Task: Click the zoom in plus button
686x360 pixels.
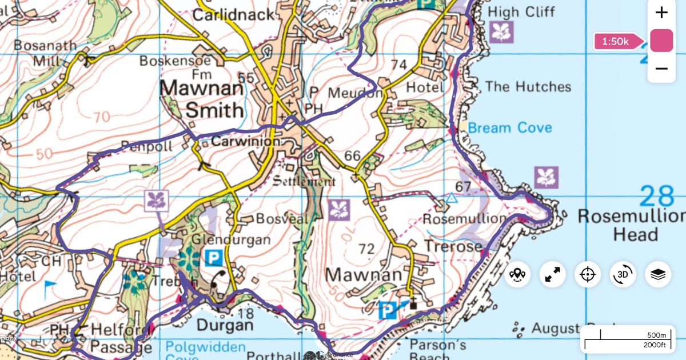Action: point(661,13)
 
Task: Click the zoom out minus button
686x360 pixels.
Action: point(661,69)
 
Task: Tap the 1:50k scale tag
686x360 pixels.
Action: point(615,41)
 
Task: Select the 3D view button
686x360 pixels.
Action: point(623,275)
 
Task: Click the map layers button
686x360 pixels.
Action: point(658,275)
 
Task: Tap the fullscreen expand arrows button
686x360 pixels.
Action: point(552,275)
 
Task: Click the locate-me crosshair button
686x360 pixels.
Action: point(588,275)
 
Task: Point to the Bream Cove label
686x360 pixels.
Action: point(510,127)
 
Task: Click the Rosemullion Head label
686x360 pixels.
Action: point(631,225)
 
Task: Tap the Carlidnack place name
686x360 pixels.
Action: point(233,14)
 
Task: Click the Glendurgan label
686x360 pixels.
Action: point(230,240)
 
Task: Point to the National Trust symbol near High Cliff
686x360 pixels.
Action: point(501,33)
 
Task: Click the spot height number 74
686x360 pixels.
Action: point(398,65)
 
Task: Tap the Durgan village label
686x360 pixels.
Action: point(225,326)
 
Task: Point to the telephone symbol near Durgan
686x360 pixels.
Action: point(218,279)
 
